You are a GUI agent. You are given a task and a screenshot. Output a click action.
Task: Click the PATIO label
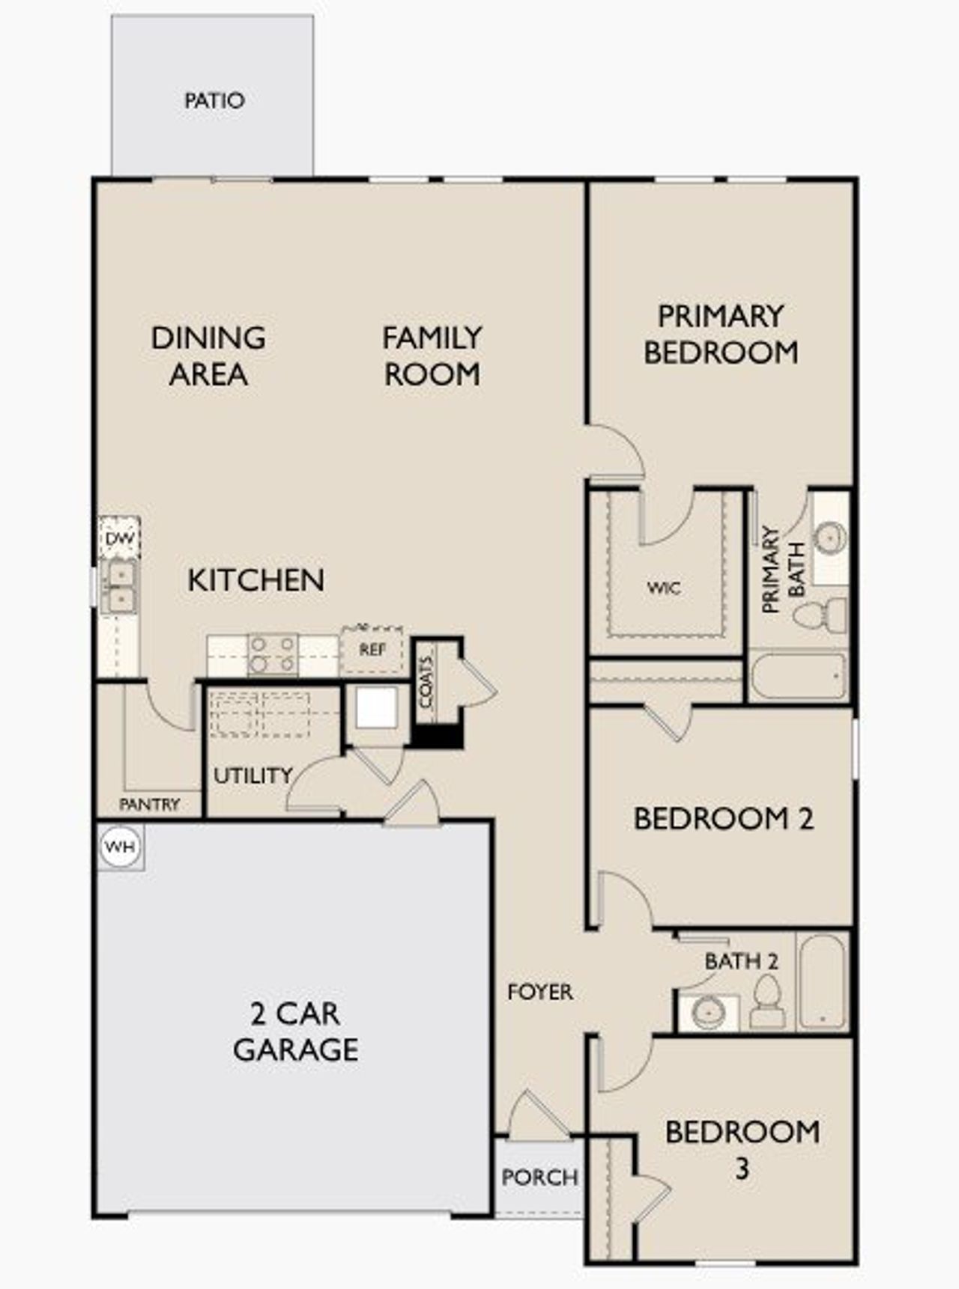(x=214, y=100)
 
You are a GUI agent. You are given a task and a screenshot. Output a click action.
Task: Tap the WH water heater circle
(x=120, y=847)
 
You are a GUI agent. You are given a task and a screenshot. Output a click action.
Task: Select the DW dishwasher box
(x=120, y=538)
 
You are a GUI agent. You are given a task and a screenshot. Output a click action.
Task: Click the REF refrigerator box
(x=372, y=650)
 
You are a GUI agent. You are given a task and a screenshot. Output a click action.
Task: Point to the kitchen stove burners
(x=272, y=654)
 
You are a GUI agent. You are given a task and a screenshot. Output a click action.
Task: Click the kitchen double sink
(x=120, y=587)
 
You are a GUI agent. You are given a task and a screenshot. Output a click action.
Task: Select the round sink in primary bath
(x=830, y=537)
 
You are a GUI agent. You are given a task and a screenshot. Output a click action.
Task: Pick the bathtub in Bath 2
(x=822, y=981)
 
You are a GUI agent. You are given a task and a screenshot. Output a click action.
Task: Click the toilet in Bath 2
(x=766, y=1003)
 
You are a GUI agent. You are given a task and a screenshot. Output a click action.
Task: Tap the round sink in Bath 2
(x=708, y=1013)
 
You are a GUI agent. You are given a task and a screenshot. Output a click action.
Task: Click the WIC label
(x=664, y=588)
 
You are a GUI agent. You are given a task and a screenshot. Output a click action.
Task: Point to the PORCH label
(x=539, y=1177)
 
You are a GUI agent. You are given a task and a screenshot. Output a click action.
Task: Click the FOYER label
(x=539, y=992)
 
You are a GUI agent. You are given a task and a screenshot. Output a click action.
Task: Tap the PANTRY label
(x=149, y=805)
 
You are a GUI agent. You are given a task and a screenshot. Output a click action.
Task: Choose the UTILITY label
(x=252, y=775)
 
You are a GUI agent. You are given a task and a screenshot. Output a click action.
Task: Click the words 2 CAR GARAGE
(x=295, y=1031)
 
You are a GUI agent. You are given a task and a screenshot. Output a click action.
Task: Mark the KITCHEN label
(x=255, y=580)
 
